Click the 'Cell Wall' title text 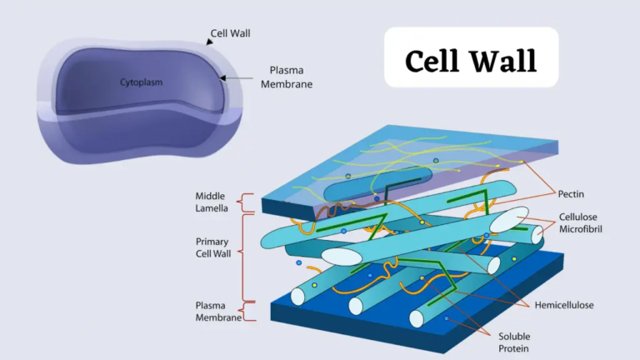471,60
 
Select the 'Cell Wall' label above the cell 230,33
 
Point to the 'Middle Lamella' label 214,201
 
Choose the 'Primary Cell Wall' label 214,247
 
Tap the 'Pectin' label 570,193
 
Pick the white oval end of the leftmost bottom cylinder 297,296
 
